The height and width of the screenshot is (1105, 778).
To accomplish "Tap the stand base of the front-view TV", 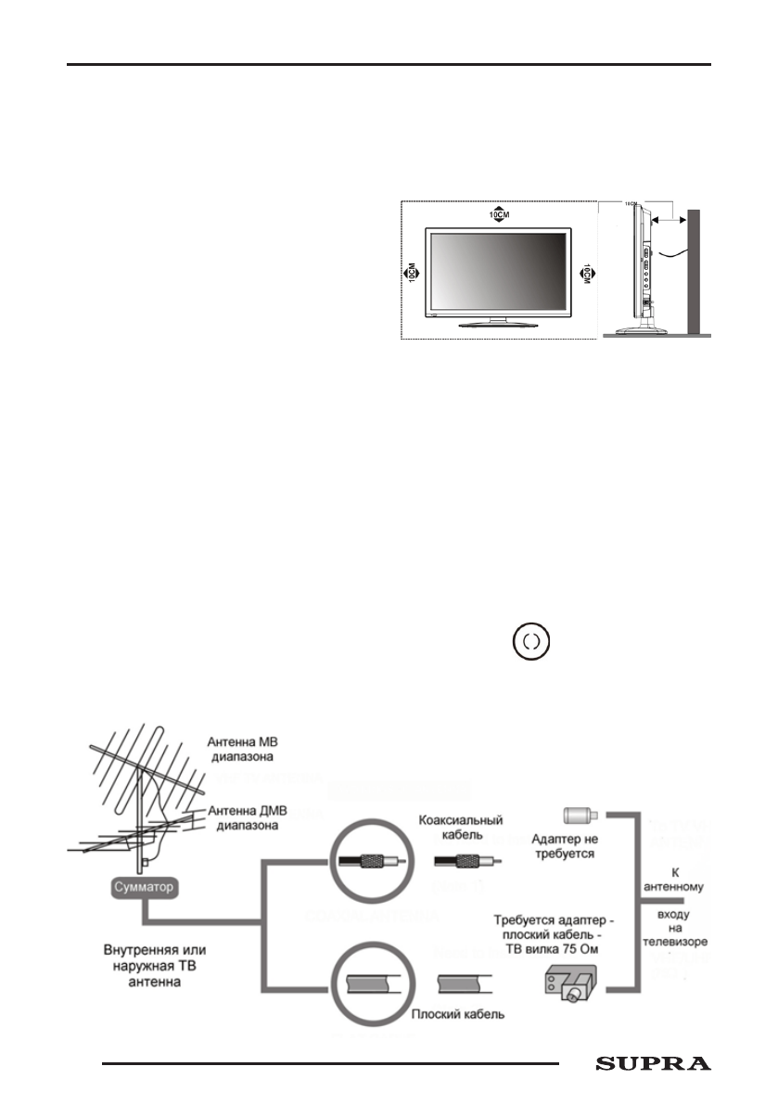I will [x=499, y=324].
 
